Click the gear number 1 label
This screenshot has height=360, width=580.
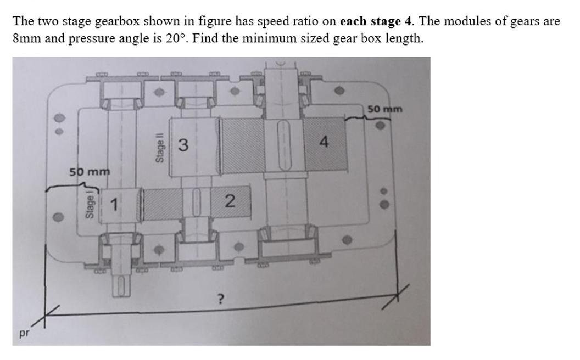pos(114,206)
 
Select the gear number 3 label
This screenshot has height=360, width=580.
pos(183,145)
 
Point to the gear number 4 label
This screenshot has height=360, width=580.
pos(324,142)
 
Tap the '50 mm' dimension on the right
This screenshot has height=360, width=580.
pos(384,109)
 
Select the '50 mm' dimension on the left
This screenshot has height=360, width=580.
pos(90,172)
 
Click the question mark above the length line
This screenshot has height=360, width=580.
pos(221,299)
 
